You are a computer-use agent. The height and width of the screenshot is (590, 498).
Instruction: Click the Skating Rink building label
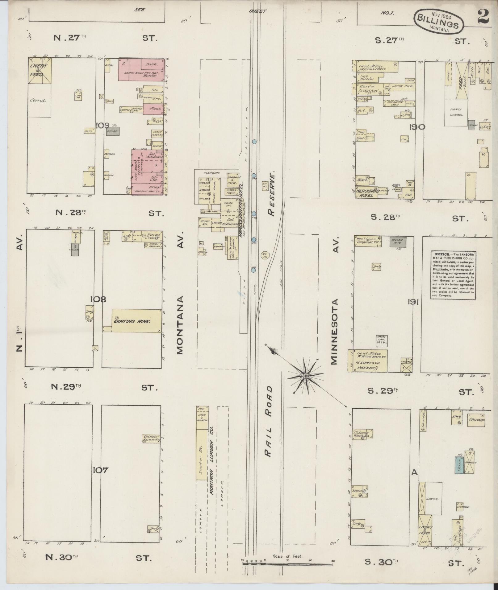click(x=132, y=321)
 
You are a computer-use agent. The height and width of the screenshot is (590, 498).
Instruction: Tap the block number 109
click(x=102, y=126)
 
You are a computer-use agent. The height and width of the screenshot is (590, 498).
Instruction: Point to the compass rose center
click(x=305, y=376)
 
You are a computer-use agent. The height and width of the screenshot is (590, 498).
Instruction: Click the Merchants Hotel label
click(x=365, y=193)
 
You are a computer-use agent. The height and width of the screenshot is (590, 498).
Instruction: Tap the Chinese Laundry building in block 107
click(x=151, y=439)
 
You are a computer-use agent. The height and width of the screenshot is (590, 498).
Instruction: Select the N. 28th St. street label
click(x=71, y=212)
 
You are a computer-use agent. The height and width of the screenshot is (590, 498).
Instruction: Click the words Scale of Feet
click(x=287, y=557)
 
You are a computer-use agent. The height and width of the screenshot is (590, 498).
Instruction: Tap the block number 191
click(x=413, y=303)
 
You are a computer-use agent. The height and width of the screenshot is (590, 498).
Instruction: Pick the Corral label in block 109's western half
click(x=38, y=100)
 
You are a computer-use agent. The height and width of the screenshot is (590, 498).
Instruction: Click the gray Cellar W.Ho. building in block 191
click(x=397, y=242)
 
